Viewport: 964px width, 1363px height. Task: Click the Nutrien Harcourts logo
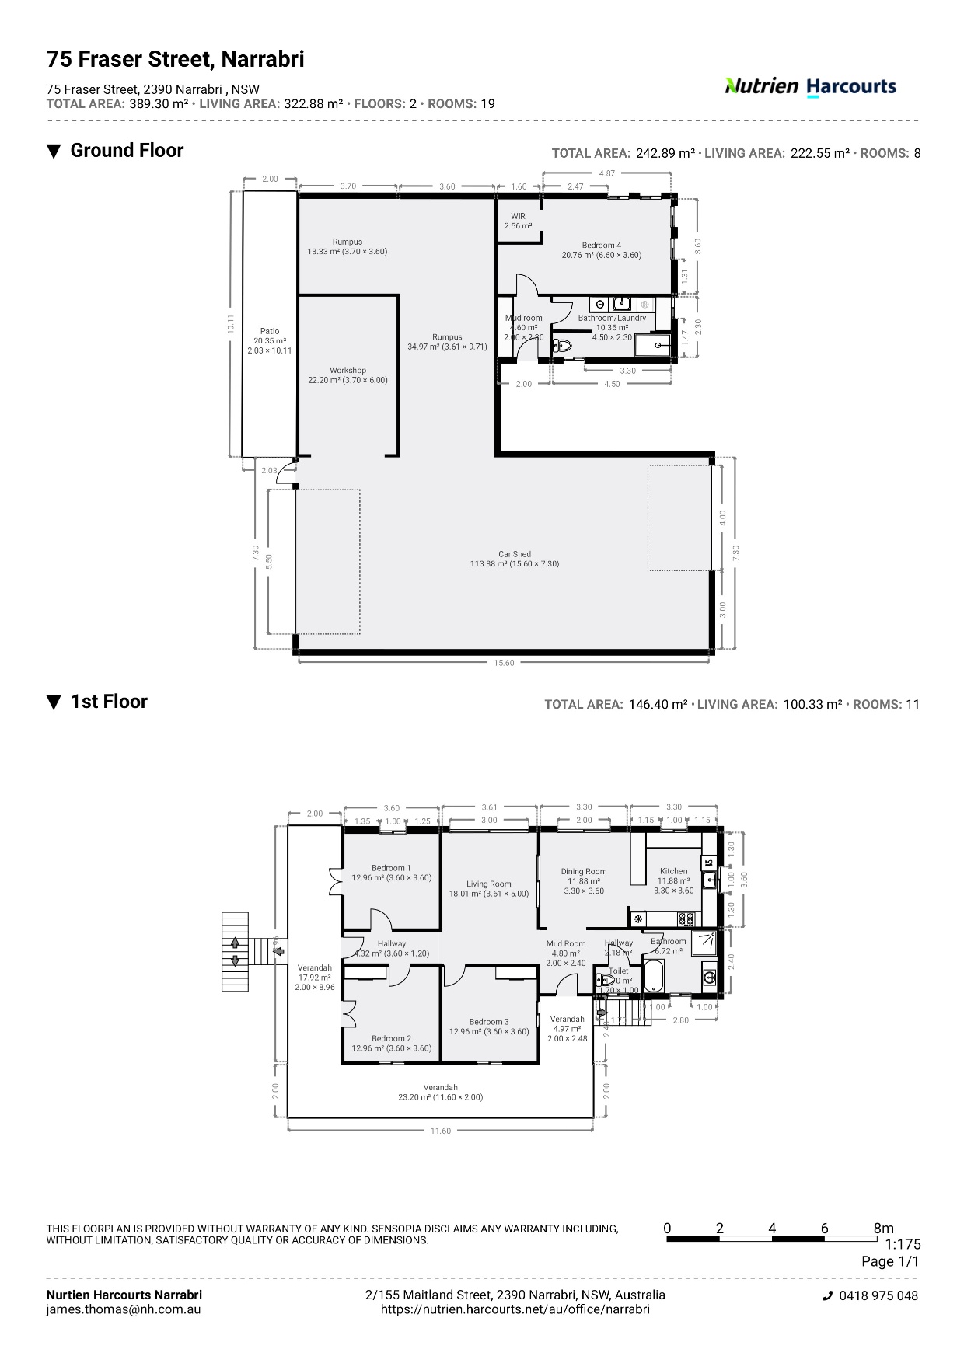point(810,86)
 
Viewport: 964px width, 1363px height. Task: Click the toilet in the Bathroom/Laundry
point(562,346)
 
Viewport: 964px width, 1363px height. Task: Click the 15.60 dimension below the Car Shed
point(504,663)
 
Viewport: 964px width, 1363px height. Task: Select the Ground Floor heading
point(127,151)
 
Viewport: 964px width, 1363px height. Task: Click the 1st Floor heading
point(108,702)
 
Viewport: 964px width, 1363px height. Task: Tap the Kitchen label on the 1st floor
point(673,871)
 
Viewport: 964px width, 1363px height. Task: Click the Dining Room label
point(584,871)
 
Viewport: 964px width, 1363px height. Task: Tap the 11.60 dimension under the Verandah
point(440,1131)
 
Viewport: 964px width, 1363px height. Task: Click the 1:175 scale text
point(902,1244)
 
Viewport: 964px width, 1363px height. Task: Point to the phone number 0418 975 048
point(878,1295)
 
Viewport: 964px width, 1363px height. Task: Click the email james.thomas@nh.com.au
point(123,1309)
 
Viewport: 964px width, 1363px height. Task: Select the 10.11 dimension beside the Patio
point(230,324)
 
